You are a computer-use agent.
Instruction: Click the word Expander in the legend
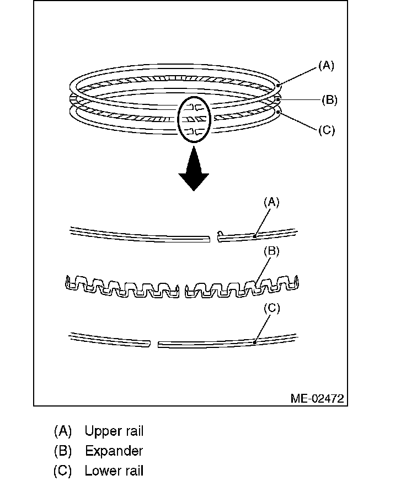[114, 451]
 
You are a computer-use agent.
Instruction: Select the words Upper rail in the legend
[114, 431]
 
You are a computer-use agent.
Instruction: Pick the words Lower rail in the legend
[114, 471]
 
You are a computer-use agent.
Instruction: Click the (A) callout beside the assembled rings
[326, 66]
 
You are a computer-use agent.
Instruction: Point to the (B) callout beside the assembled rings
[329, 100]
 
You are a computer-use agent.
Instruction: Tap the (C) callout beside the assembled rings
[326, 130]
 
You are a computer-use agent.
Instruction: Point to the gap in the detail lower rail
[154, 344]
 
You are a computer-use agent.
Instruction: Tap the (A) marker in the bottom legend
[63, 431]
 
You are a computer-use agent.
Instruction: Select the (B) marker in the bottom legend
[63, 451]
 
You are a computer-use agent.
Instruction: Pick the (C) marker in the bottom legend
[63, 471]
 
